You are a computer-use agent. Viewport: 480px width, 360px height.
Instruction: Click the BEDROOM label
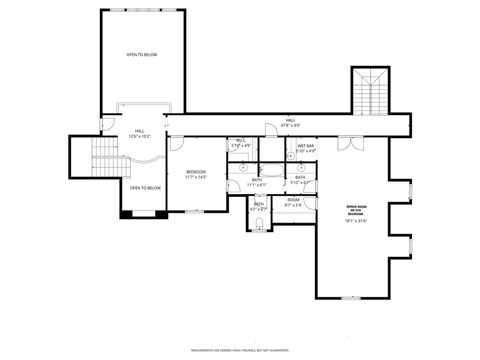196,172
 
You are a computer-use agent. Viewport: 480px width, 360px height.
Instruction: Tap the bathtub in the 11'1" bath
271,170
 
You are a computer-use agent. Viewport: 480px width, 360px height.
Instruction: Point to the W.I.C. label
241,140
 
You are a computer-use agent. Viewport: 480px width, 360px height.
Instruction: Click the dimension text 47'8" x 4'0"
291,126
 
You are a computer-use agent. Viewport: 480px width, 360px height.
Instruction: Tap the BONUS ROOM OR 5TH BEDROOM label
356,210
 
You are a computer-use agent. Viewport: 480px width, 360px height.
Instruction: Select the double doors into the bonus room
350,143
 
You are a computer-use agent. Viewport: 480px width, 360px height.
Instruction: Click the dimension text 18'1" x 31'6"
356,221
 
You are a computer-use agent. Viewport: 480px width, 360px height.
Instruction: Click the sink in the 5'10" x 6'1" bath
301,167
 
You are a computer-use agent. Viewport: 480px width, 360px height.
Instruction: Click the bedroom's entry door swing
176,143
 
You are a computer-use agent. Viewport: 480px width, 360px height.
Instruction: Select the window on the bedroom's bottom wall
194,211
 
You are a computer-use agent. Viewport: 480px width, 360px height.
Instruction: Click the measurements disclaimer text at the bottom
240,351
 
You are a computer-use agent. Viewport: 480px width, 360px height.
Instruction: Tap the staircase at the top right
370,91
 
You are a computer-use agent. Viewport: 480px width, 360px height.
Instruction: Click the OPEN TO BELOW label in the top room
142,55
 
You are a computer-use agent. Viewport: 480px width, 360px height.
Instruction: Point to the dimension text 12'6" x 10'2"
140,136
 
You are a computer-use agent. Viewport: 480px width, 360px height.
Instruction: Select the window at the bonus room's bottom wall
351,298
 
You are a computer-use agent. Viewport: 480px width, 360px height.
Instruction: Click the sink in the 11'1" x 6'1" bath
244,167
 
